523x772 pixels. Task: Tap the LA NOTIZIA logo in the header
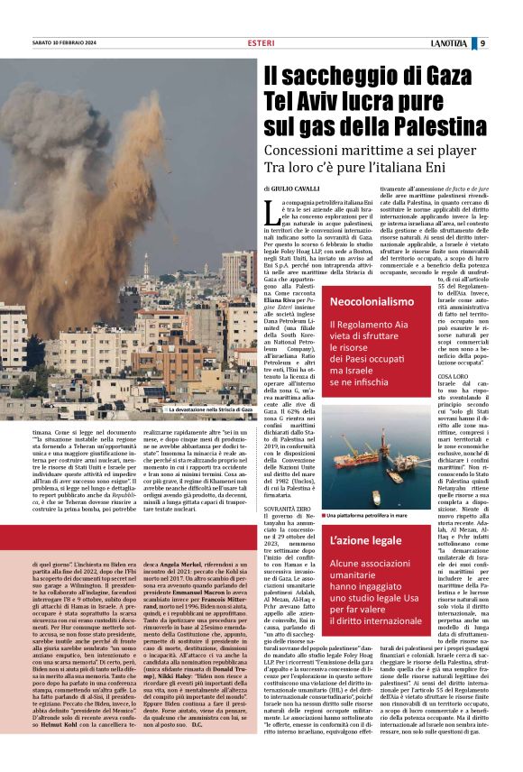[472, 42]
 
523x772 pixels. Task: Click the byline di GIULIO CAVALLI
[294, 188]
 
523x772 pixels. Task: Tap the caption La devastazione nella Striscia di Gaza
[208, 409]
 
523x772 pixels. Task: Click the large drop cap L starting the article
[272, 212]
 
